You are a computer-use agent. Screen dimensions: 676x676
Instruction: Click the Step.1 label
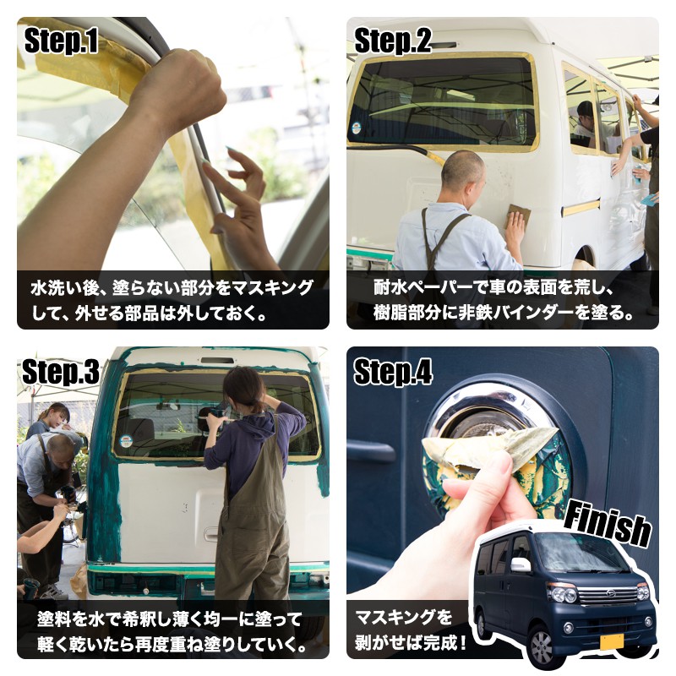pos(61,41)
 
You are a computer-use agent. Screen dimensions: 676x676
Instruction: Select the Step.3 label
pos(61,371)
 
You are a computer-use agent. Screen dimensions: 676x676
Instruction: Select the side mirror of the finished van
pos(521,564)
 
